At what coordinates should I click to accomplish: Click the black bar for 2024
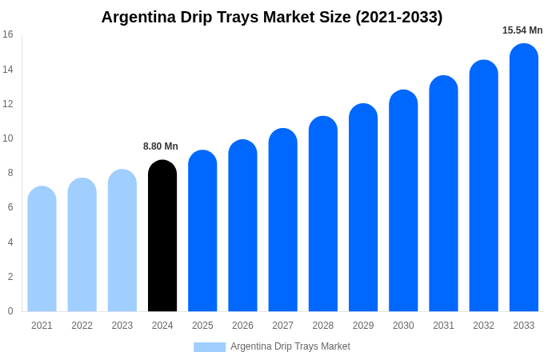point(162,236)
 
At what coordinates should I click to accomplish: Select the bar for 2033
point(524,178)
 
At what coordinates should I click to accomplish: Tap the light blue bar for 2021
point(42,249)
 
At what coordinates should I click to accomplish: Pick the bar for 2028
point(323,214)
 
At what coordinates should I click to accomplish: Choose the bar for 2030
point(403,201)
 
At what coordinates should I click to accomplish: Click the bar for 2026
point(242,226)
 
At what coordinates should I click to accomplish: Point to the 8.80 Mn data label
point(161,146)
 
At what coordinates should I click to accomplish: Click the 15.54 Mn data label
point(522,30)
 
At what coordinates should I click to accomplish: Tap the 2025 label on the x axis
point(202,326)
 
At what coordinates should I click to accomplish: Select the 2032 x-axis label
point(483,326)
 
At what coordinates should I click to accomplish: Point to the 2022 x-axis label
point(82,326)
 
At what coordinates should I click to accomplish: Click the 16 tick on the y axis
point(8,34)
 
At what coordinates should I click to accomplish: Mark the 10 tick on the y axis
point(8,138)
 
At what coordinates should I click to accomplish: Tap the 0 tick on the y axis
point(10,311)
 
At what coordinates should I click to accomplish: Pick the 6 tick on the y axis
point(10,207)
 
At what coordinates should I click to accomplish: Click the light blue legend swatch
point(210,346)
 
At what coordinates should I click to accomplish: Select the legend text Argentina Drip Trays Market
point(290,346)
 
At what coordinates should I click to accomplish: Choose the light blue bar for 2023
point(122,240)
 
